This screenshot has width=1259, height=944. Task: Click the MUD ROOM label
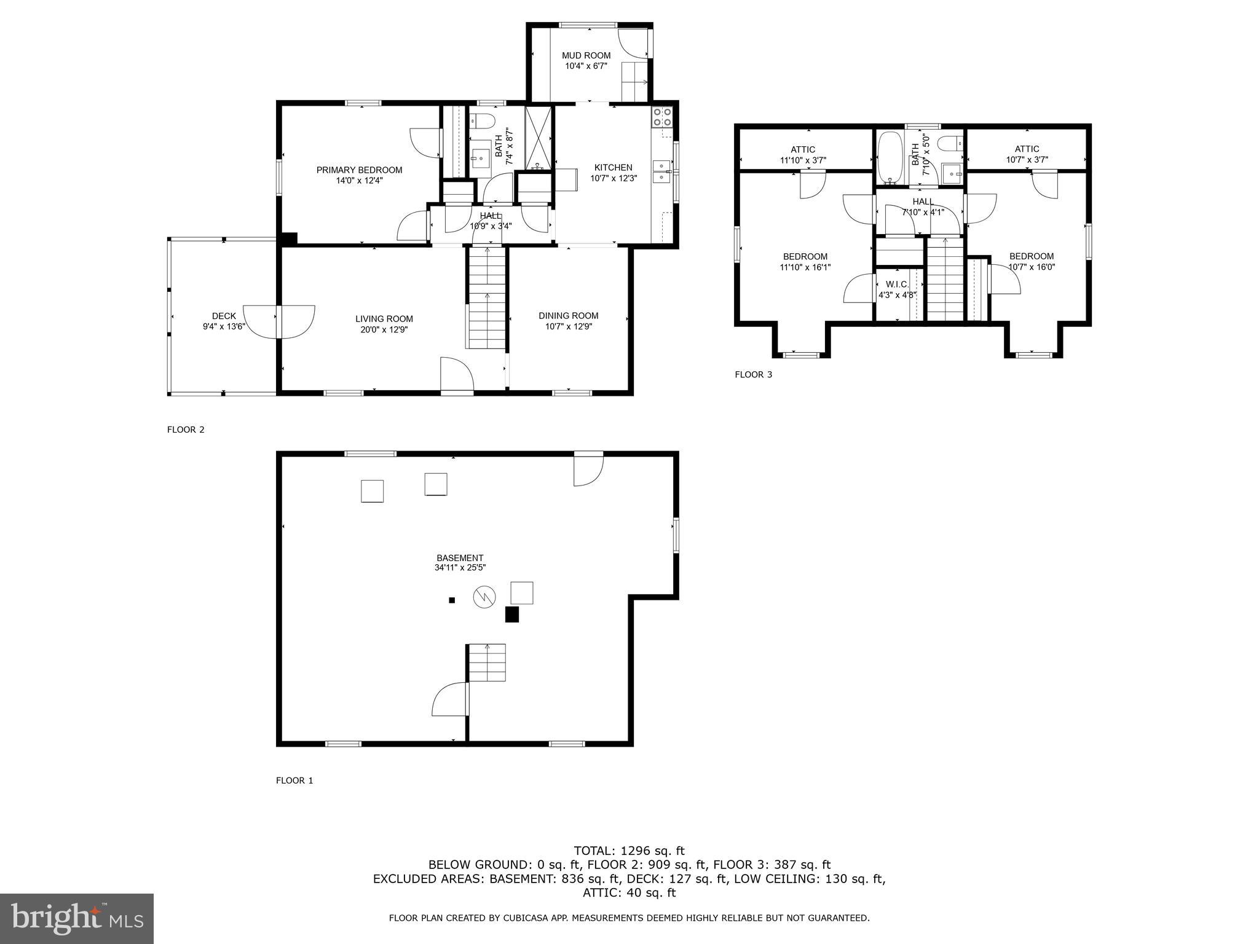(586, 55)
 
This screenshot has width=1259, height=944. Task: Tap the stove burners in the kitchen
(662, 117)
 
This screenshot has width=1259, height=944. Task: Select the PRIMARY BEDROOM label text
(359, 170)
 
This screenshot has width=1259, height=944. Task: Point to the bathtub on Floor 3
(889, 159)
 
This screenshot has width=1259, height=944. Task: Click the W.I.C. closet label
(897, 285)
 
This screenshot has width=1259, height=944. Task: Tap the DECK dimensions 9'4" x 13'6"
(224, 326)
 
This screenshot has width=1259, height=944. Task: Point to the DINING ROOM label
(568, 316)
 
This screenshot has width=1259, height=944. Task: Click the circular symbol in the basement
(484, 597)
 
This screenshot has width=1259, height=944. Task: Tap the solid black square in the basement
(511, 615)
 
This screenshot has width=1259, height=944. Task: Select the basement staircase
(487, 663)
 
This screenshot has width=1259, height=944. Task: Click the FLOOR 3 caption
(753, 374)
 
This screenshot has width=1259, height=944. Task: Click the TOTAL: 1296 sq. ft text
(629, 851)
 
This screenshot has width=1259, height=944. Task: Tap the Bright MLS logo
(77, 918)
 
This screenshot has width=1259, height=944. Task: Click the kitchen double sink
(662, 172)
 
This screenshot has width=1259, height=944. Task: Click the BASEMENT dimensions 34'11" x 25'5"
(460, 568)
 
